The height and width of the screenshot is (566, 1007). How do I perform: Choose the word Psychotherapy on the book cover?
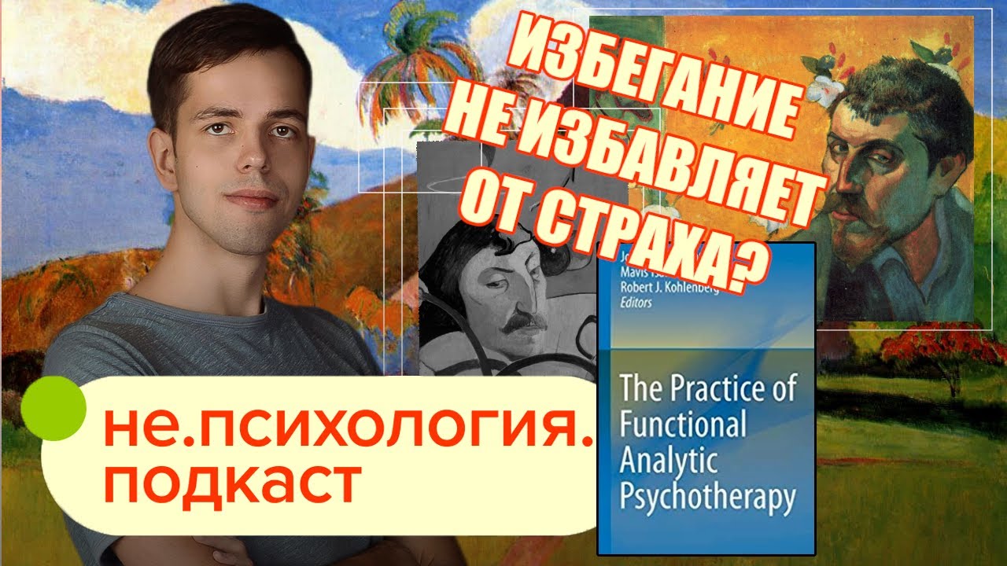[708, 497]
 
